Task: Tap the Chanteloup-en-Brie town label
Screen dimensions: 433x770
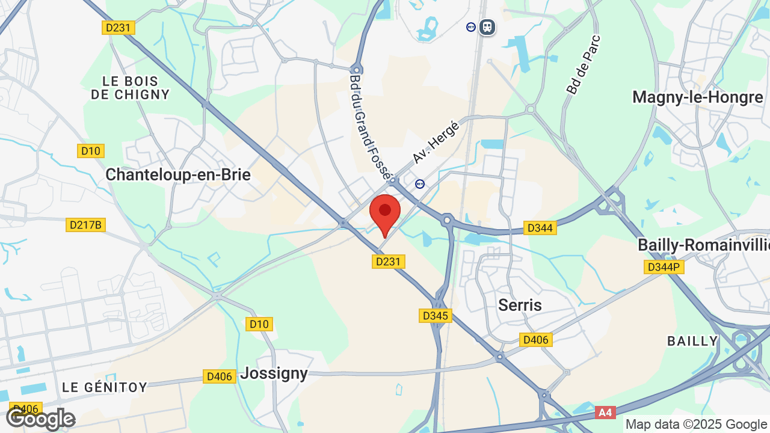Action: pyautogui.click(x=177, y=174)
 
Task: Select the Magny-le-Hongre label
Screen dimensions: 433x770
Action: pyautogui.click(x=697, y=97)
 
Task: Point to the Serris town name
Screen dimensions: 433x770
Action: pyautogui.click(x=520, y=305)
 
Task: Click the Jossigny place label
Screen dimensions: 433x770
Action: pyautogui.click(x=274, y=373)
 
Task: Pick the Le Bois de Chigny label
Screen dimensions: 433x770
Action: pyautogui.click(x=131, y=88)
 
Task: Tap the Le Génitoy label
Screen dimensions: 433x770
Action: pyautogui.click(x=105, y=387)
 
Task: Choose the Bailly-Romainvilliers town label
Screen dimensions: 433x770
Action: pyautogui.click(x=703, y=245)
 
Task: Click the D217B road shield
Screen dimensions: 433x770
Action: pyautogui.click(x=85, y=225)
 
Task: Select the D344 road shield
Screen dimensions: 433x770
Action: pyautogui.click(x=539, y=228)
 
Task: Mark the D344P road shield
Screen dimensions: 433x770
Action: pyautogui.click(x=664, y=267)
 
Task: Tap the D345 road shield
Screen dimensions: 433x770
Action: pyautogui.click(x=435, y=316)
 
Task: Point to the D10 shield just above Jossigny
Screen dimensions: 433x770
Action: pyautogui.click(x=259, y=324)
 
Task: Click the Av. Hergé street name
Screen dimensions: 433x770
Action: pyautogui.click(x=436, y=142)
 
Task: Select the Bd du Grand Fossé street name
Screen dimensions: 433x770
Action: pyautogui.click(x=370, y=126)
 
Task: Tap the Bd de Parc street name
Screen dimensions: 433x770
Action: pyautogui.click(x=583, y=64)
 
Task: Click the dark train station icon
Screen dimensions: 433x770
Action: pyautogui.click(x=487, y=27)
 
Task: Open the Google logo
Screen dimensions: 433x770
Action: pyautogui.click(x=40, y=418)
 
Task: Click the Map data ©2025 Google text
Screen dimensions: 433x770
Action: pyautogui.click(x=697, y=424)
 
